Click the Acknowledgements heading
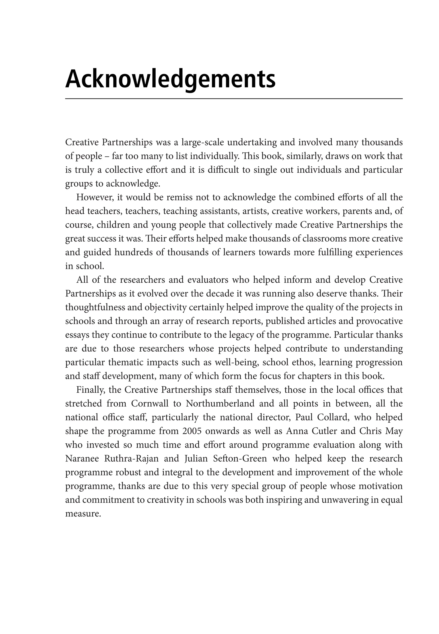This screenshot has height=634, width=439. click(x=170, y=79)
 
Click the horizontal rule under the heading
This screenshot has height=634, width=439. click(x=234, y=98)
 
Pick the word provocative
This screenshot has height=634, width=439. click(x=379, y=321)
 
